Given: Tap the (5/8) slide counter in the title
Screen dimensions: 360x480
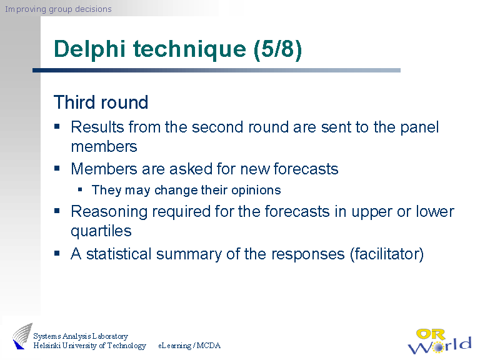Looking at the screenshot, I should coord(278,49).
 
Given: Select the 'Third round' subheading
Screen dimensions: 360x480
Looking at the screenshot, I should coord(101,102).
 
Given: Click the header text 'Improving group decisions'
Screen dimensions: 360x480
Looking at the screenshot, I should coord(58,9).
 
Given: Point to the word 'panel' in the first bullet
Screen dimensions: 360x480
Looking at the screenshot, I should coord(416,127).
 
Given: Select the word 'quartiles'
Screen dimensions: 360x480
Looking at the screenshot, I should coord(101,231).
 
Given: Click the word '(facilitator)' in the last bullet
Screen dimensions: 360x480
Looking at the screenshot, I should coord(387,254).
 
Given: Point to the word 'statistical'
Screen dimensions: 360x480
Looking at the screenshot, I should coord(119,254).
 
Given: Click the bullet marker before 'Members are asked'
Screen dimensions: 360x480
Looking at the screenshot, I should coord(57,168).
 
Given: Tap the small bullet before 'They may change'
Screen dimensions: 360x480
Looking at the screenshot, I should coord(80,189).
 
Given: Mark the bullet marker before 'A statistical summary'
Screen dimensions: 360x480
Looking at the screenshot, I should coord(57,253).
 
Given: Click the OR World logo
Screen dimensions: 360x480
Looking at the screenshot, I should coord(439,341).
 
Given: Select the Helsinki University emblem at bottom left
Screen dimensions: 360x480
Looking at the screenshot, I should coord(21,337).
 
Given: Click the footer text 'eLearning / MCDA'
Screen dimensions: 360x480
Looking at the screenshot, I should coord(189,346).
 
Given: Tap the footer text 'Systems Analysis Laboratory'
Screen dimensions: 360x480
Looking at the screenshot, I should coord(81,336).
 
